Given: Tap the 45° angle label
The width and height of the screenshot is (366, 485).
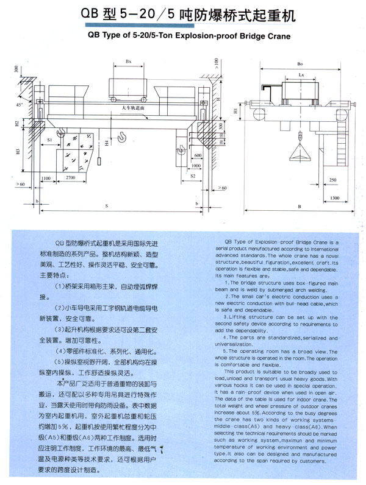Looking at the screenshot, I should pos(20,105).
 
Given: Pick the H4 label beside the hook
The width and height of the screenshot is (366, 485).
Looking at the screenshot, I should pos(106,144).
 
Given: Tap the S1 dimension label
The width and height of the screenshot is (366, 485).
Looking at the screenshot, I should pos(49,140).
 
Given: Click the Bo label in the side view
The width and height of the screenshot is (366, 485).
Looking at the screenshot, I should pos(300,63).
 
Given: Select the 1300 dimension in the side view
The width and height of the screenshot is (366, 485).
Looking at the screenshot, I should pos(335,199).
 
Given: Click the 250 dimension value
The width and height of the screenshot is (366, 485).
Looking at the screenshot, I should pos(332,180).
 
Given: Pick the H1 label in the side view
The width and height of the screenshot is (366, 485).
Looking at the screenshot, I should pos(236,110).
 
